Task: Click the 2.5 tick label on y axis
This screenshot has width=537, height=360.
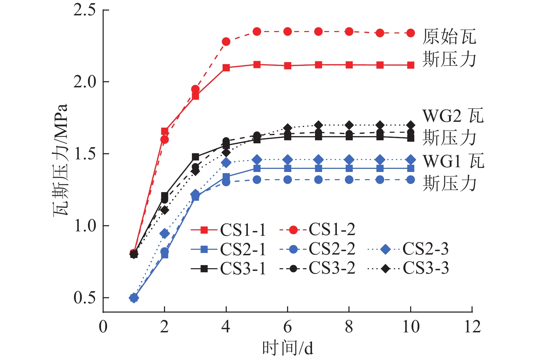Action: tap(85, 10)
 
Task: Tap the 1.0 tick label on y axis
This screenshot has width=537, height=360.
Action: tap(85, 226)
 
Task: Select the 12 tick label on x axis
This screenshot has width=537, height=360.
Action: tap(472, 327)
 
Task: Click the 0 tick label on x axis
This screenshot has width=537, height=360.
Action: tap(103, 327)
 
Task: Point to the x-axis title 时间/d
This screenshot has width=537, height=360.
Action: tap(287, 348)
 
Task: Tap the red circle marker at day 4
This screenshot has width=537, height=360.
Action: tap(226, 42)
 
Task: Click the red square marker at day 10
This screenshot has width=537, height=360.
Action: tap(411, 65)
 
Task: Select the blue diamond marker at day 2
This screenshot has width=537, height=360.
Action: tap(165, 234)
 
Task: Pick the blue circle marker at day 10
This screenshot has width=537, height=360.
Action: tap(411, 180)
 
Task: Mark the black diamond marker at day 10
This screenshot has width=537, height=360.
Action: tap(411, 125)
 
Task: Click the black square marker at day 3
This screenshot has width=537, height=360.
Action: tap(195, 157)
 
